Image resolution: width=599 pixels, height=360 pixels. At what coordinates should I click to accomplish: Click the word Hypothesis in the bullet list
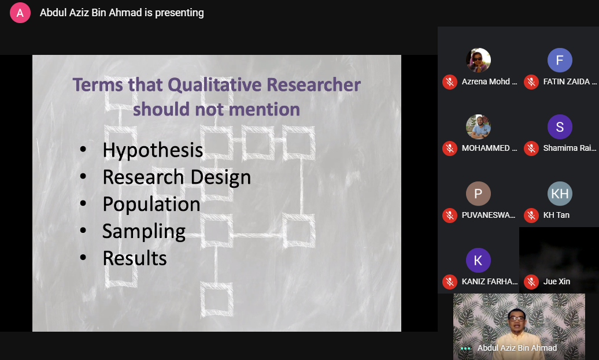pyautogui.click(x=153, y=150)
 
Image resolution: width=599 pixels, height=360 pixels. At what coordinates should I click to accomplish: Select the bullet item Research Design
pyautogui.click(x=176, y=177)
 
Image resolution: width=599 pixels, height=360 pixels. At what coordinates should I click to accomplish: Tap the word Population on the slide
pyautogui.click(x=151, y=204)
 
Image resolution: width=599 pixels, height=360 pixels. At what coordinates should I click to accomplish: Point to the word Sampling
pyautogui.click(x=143, y=232)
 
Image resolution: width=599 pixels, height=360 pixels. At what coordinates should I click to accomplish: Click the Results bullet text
pyautogui.click(x=135, y=258)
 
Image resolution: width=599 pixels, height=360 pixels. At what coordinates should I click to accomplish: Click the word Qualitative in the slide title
pyautogui.click(x=215, y=85)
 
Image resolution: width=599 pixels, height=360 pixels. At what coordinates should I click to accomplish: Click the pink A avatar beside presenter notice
pyautogui.click(x=20, y=13)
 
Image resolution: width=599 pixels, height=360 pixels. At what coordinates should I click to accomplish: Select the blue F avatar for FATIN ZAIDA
pyautogui.click(x=560, y=60)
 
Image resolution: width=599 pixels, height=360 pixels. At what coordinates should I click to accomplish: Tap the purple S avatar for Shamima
pyautogui.click(x=560, y=127)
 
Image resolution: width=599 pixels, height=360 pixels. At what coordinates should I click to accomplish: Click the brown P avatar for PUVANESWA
pyautogui.click(x=478, y=194)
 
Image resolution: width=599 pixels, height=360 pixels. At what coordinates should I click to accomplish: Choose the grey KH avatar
pyautogui.click(x=560, y=194)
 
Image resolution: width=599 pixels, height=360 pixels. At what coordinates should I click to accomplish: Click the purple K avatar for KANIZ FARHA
pyautogui.click(x=478, y=261)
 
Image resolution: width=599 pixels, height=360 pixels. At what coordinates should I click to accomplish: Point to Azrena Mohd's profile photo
pyautogui.click(x=478, y=60)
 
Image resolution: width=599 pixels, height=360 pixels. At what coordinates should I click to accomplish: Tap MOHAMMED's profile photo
pyautogui.click(x=478, y=127)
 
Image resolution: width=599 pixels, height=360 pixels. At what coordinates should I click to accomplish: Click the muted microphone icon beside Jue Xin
pyautogui.click(x=531, y=282)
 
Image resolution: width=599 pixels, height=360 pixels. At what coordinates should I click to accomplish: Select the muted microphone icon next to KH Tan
pyautogui.click(x=531, y=216)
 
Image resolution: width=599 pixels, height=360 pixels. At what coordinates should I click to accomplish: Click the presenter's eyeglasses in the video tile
pyautogui.click(x=516, y=318)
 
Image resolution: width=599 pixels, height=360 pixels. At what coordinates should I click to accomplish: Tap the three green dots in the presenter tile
pyautogui.click(x=465, y=348)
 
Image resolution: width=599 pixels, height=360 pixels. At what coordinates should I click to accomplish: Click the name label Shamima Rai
pyautogui.click(x=570, y=148)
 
